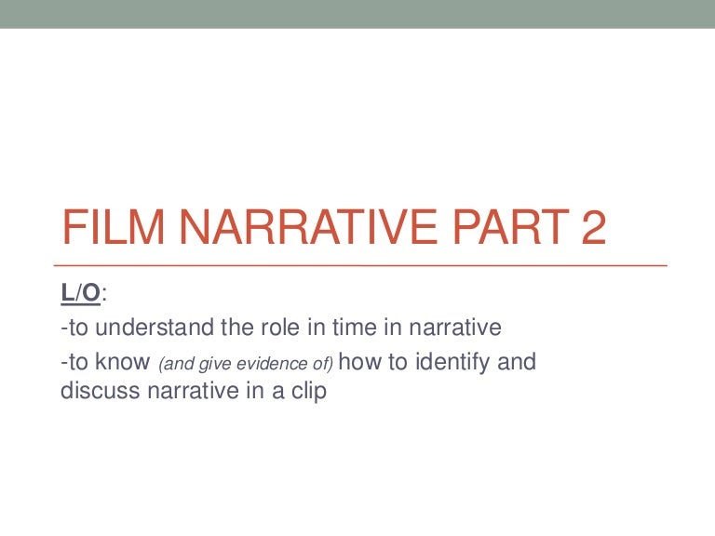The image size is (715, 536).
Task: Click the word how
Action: coord(366,361)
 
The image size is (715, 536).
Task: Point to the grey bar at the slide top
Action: coord(357,14)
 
